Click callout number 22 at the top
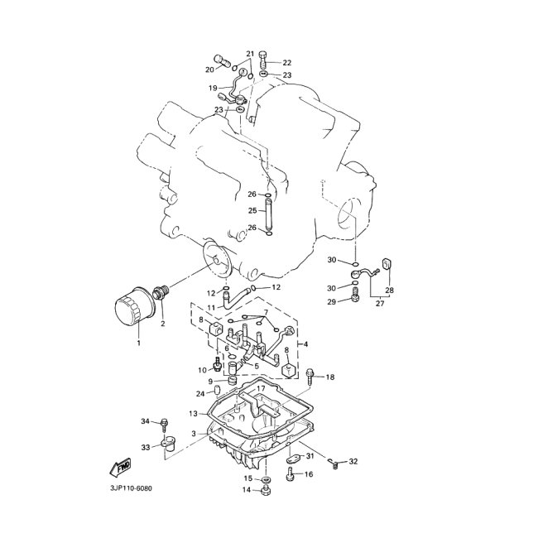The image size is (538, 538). click(x=287, y=63)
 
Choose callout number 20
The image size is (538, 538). click(x=209, y=70)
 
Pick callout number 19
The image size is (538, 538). click(x=213, y=88)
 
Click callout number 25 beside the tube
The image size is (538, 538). click(x=252, y=211)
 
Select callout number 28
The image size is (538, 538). click(x=389, y=291)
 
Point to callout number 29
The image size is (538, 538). click(x=331, y=302)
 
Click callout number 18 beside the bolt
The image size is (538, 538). click(x=330, y=377)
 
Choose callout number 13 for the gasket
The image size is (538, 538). click(x=192, y=413)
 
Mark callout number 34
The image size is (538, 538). click(x=145, y=422)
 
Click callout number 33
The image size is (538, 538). click(x=145, y=447)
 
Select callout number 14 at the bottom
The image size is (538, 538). click(x=246, y=490)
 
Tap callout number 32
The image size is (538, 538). click(x=353, y=461)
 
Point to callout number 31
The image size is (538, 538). click(x=310, y=456)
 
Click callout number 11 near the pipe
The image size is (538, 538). click(x=212, y=307)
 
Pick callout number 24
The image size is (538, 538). click(x=200, y=393)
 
